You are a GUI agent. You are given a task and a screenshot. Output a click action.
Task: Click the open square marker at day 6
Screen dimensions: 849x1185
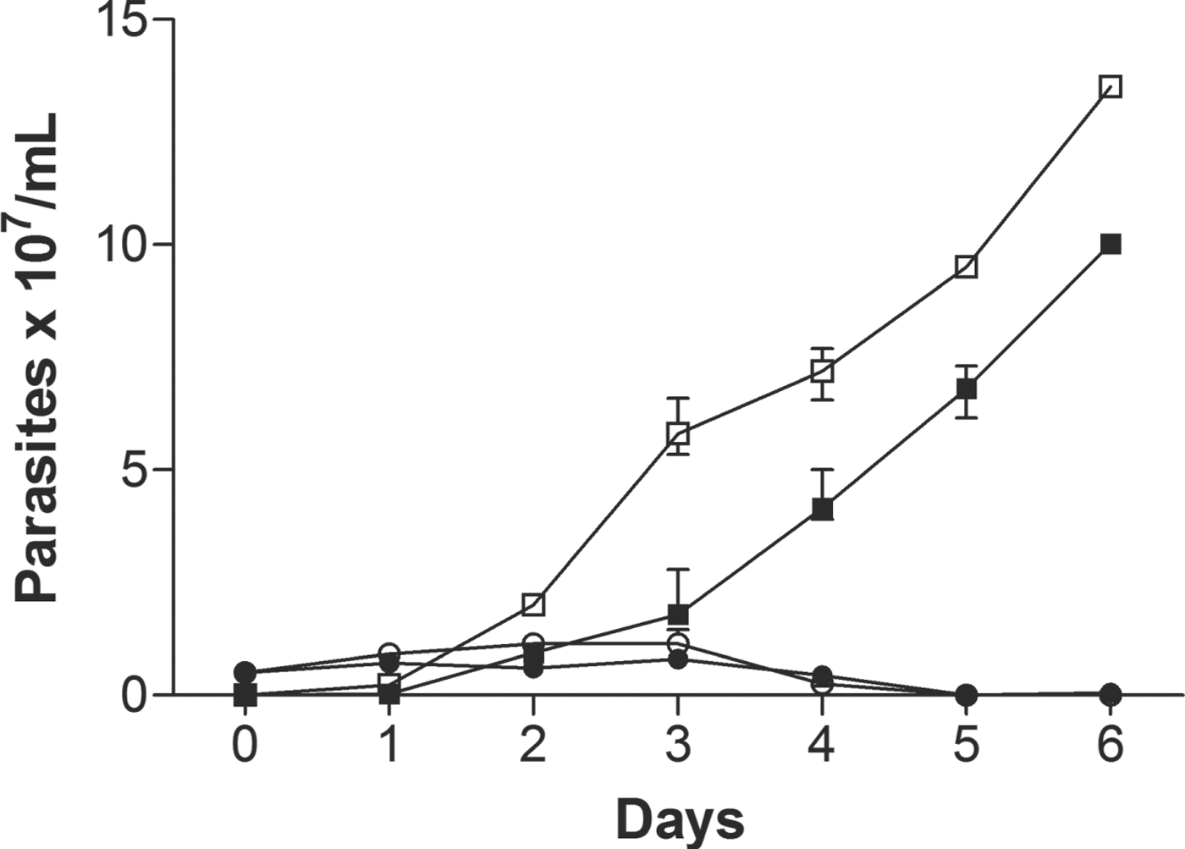click(1111, 86)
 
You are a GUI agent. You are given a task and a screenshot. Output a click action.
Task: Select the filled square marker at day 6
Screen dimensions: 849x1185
click(1111, 244)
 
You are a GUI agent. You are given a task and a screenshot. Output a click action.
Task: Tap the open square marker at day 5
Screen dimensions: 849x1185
click(966, 267)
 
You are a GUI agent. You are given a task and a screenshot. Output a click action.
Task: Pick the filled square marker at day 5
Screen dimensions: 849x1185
click(966, 389)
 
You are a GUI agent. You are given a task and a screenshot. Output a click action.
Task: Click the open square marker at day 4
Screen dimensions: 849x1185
click(822, 371)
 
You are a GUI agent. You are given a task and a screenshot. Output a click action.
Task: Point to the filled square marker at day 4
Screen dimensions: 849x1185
click(822, 509)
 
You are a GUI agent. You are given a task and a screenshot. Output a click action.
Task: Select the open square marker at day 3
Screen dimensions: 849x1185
click(677, 434)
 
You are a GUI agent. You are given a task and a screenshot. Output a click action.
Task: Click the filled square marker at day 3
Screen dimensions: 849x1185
click(677, 614)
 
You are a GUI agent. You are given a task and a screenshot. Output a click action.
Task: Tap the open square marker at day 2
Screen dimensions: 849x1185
click(533, 604)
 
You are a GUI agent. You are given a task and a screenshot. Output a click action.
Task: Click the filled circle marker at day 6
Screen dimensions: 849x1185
click(1111, 695)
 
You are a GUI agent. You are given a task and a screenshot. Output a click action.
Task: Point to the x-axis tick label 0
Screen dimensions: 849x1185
click(245, 746)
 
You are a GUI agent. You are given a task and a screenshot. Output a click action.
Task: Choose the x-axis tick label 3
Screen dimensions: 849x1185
click(677, 746)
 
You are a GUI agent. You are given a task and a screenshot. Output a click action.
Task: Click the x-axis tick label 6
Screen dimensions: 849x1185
click(1111, 746)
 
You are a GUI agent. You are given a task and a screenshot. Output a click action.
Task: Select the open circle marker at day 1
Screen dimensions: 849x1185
click(389, 653)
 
